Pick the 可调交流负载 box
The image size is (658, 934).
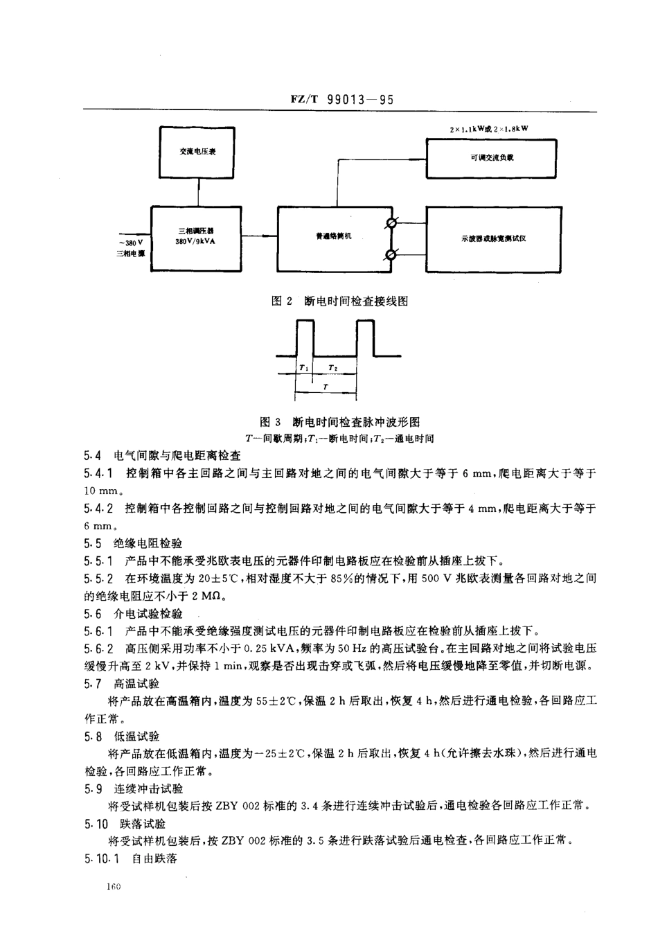point(491,158)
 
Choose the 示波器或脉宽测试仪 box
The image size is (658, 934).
point(492,238)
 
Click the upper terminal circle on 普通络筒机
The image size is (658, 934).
point(391,222)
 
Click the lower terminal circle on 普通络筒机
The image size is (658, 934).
point(391,254)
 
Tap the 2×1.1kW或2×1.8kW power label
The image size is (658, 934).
point(494,129)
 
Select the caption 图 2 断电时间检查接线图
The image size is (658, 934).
point(339,301)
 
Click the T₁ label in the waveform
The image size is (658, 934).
point(304,368)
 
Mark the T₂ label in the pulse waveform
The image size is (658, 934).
point(333,368)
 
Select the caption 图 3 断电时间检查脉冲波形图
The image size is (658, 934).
point(339,422)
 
